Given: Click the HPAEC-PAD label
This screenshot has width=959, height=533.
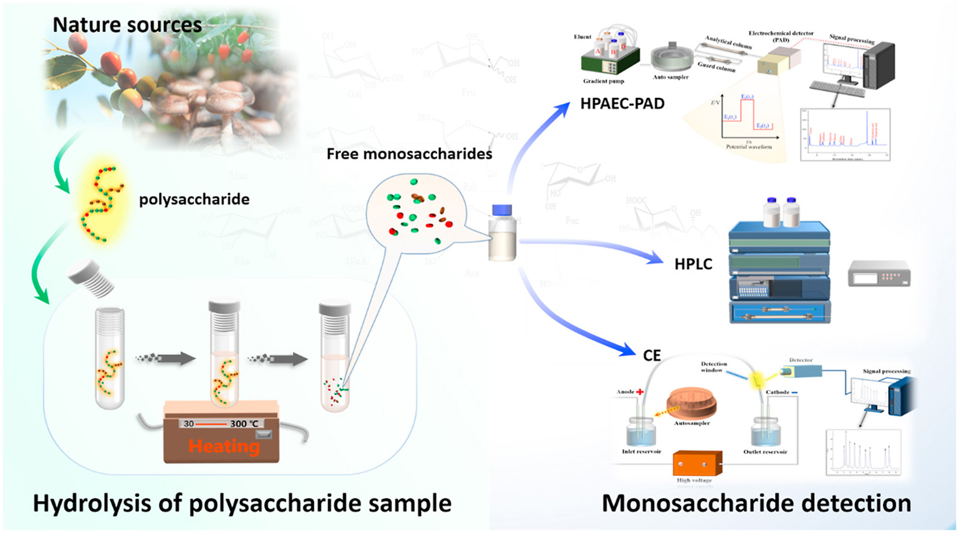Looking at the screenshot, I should [x=622, y=103].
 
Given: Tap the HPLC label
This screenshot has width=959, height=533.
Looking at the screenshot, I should [x=693, y=263].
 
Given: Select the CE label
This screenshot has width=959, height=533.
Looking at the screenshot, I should [x=652, y=356].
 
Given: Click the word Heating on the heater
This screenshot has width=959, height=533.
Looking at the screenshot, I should [x=224, y=446].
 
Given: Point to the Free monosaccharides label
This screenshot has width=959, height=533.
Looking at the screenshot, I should [x=409, y=154].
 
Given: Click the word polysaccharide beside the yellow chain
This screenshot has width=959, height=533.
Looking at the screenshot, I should [x=194, y=199].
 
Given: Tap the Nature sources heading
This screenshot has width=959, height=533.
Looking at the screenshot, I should [x=127, y=25].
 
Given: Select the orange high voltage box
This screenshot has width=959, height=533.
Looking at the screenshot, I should [x=697, y=464].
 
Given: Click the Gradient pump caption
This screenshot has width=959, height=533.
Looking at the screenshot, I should [x=603, y=81].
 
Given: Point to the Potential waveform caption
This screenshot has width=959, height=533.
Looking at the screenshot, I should [x=749, y=147].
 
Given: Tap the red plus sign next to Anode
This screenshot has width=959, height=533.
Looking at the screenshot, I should [x=640, y=392].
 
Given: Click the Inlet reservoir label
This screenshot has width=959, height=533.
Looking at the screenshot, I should [x=641, y=451].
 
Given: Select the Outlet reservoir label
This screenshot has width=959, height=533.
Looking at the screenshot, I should [x=765, y=451].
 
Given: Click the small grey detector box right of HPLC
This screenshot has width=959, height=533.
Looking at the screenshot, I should [x=878, y=274].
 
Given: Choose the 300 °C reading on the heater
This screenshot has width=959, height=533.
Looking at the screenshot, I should [x=244, y=424].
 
